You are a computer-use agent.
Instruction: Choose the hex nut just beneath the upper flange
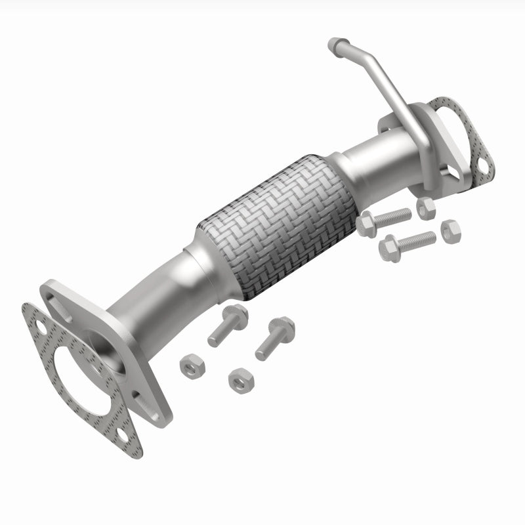426,207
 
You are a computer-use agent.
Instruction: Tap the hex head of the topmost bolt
367,225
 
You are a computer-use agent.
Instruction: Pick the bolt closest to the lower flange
227,325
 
